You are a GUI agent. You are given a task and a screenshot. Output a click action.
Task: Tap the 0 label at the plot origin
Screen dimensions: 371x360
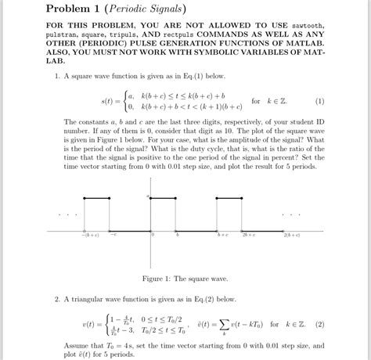point(153,235)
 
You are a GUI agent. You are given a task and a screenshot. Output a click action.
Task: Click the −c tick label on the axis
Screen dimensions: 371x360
point(113,235)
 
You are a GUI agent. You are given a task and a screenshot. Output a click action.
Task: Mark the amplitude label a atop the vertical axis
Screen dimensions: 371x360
point(147,196)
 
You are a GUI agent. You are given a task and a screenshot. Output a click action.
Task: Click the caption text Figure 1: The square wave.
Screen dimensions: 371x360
point(185,278)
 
